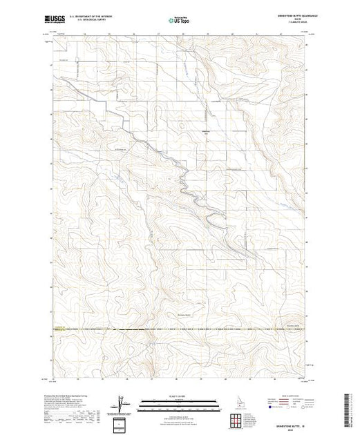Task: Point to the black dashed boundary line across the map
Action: click(x=180, y=329)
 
